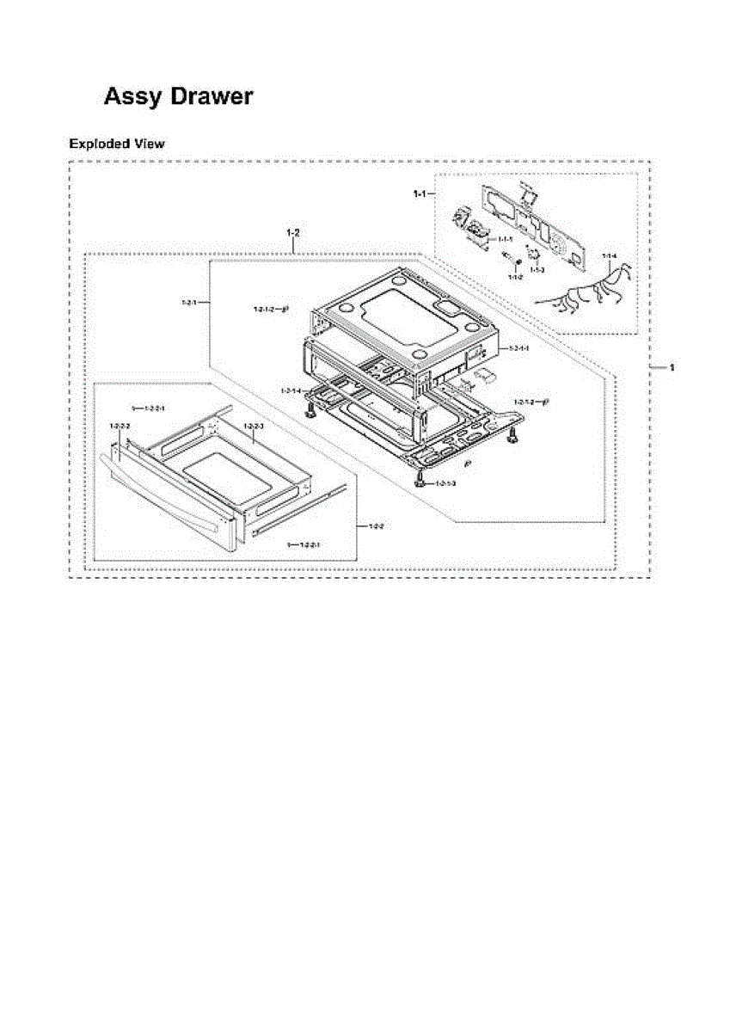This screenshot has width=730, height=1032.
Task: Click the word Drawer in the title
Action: tap(212, 96)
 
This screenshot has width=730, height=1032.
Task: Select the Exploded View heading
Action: tap(116, 144)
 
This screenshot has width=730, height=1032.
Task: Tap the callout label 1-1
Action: tap(419, 195)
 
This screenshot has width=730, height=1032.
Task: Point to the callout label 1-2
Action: tap(293, 233)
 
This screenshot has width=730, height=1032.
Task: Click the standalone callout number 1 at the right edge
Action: tap(672, 367)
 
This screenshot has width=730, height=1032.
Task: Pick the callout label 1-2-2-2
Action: tap(120, 427)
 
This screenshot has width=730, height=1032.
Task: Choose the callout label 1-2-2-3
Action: tap(254, 427)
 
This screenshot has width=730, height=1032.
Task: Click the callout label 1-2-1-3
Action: tap(445, 484)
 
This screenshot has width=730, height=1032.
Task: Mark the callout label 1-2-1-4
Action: tap(291, 391)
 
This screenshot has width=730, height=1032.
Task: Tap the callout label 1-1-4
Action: tap(609, 256)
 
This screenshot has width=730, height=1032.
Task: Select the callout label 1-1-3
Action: tap(537, 270)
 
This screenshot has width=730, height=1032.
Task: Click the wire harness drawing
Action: tap(585, 292)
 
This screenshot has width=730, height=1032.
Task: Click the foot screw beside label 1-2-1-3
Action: tap(420, 481)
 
